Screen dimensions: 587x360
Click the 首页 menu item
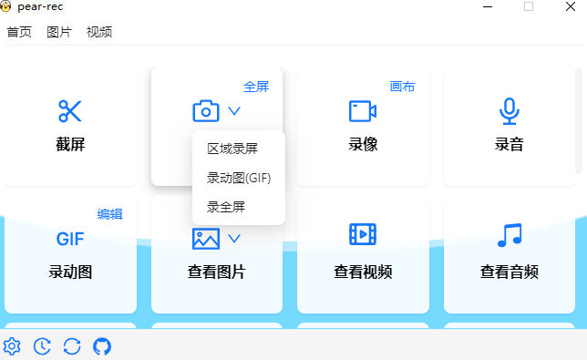click(x=19, y=32)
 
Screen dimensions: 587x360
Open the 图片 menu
click(x=59, y=32)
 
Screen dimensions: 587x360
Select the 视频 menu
click(x=99, y=32)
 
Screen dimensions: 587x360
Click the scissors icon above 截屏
click(x=70, y=111)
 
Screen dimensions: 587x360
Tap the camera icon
click(x=206, y=111)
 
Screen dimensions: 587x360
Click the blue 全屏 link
click(x=256, y=87)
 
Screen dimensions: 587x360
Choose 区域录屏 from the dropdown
click(x=232, y=149)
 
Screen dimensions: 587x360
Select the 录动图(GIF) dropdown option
click(x=239, y=178)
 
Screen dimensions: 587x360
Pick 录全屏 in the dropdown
click(x=226, y=207)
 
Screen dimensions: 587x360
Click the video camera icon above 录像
click(x=363, y=111)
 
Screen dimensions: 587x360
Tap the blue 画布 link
click(x=402, y=87)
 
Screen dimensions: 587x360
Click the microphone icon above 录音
click(x=509, y=111)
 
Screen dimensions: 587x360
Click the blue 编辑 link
click(x=109, y=214)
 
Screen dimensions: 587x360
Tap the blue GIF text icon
click(x=70, y=240)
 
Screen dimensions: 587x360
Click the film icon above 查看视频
click(x=363, y=235)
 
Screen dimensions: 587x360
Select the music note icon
click(x=509, y=235)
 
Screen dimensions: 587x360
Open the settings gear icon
click(x=12, y=346)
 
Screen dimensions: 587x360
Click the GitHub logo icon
click(x=102, y=346)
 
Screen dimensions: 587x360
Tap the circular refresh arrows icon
click(x=72, y=346)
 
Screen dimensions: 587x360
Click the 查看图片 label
click(x=217, y=272)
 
